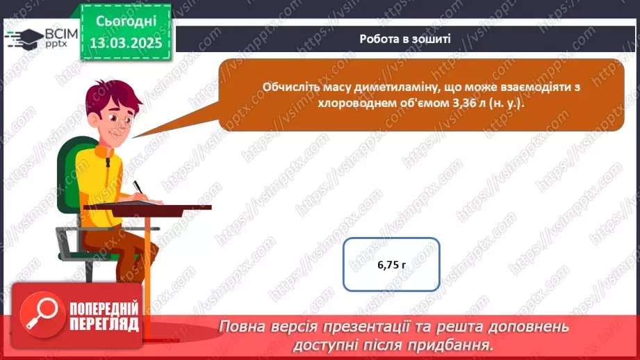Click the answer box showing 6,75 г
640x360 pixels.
click(391, 265)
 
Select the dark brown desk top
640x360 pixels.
click(147, 206)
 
